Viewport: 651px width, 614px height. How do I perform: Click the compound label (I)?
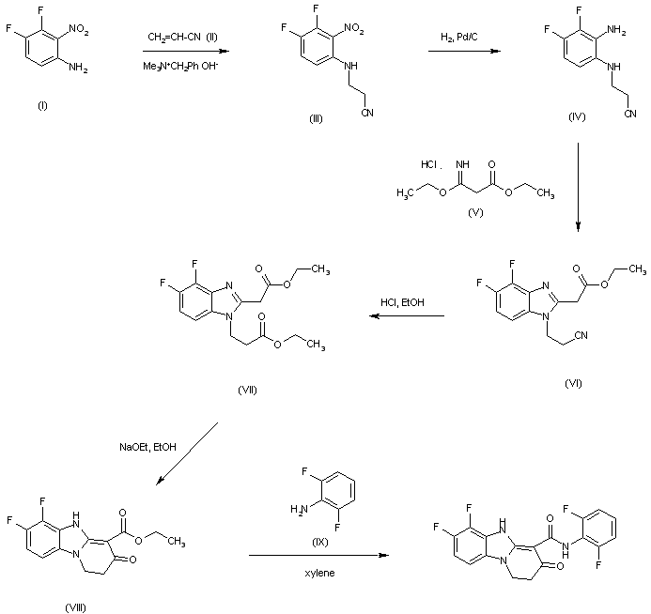(42, 106)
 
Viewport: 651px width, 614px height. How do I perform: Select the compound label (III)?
(316, 119)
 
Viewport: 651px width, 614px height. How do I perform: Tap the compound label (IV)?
(577, 117)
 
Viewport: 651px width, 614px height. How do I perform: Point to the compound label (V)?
(475, 213)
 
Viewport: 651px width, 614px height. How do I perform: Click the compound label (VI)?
(573, 383)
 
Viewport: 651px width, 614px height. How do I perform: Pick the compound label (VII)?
(247, 390)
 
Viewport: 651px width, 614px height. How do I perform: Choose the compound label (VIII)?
(76, 607)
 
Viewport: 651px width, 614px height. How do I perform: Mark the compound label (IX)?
(319, 542)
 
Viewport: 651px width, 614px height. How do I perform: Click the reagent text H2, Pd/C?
(459, 38)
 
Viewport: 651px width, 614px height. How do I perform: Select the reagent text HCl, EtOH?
(402, 302)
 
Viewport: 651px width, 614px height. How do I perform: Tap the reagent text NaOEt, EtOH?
(147, 447)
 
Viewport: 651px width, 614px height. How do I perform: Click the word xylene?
(319, 573)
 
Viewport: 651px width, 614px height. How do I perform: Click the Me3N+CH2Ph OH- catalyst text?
(180, 66)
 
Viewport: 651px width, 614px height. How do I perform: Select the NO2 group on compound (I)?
(79, 29)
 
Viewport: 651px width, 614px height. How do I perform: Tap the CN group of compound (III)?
(367, 113)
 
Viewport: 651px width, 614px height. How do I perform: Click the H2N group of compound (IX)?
(299, 509)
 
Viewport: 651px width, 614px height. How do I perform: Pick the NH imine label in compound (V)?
(462, 164)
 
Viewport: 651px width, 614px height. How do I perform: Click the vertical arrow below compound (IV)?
(578, 187)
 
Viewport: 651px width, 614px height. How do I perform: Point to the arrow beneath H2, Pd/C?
(464, 51)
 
